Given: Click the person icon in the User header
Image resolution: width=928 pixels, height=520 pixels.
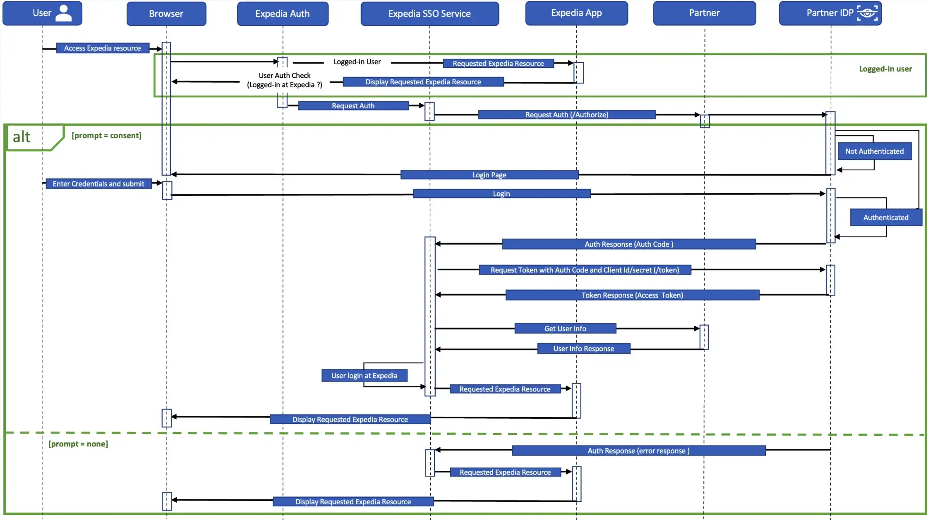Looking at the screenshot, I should click(x=63, y=13).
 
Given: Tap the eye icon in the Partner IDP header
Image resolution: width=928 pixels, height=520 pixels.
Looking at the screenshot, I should click(x=867, y=13).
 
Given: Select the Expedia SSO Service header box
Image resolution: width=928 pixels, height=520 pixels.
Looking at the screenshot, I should click(x=429, y=14).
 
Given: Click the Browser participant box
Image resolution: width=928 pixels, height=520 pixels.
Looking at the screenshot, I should click(x=166, y=14).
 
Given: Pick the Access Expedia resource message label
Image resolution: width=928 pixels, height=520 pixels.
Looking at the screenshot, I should click(x=102, y=48).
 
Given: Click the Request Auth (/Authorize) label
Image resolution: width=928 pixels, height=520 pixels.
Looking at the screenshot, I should click(x=566, y=114).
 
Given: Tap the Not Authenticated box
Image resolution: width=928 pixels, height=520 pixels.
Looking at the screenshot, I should click(x=874, y=151).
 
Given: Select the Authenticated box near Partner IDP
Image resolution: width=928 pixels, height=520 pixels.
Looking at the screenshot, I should click(x=885, y=217).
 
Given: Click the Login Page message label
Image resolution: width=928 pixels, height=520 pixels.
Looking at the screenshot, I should click(x=489, y=175).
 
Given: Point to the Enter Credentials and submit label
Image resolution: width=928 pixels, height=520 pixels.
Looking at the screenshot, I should click(x=98, y=184).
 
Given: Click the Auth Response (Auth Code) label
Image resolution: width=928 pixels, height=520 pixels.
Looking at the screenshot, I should click(x=628, y=244).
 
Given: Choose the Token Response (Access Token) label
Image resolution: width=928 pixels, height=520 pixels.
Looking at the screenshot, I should click(x=632, y=295).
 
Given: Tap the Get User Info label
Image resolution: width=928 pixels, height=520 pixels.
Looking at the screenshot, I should click(x=565, y=329).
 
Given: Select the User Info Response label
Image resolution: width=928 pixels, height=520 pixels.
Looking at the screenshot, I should click(x=583, y=348).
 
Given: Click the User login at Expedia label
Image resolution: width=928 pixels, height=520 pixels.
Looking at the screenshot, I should click(x=364, y=375).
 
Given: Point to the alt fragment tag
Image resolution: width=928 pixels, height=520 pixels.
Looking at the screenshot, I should click(x=22, y=137).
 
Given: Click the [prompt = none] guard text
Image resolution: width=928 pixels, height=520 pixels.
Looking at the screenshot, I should click(x=78, y=444).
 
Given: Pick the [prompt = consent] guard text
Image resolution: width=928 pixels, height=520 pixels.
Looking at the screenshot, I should click(x=106, y=136).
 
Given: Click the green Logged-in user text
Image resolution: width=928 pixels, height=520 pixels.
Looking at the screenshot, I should click(x=885, y=69).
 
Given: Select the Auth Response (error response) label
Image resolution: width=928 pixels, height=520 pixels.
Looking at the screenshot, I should click(x=638, y=451).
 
